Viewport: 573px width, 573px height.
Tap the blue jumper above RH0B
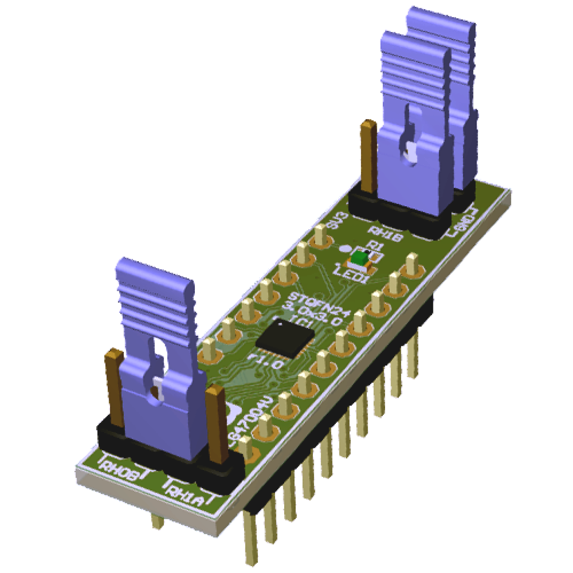157,347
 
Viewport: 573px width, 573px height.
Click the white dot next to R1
346,249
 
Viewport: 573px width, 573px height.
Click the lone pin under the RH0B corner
157,520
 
